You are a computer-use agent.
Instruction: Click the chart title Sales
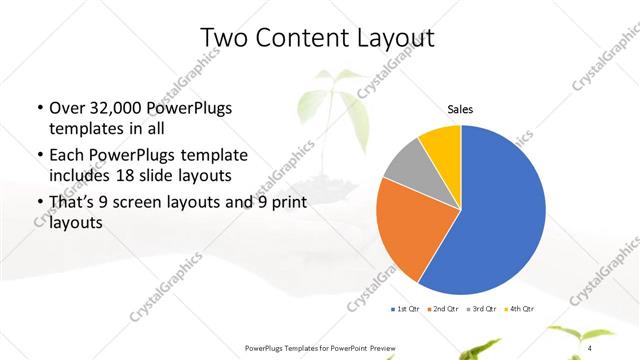(x=459, y=110)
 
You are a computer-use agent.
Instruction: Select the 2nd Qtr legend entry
(x=444, y=307)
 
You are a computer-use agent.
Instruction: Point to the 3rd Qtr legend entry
(x=481, y=307)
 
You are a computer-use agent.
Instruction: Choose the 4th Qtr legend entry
(x=518, y=307)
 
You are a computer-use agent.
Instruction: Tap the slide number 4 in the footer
(x=589, y=347)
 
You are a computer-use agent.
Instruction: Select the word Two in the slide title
(x=220, y=38)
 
